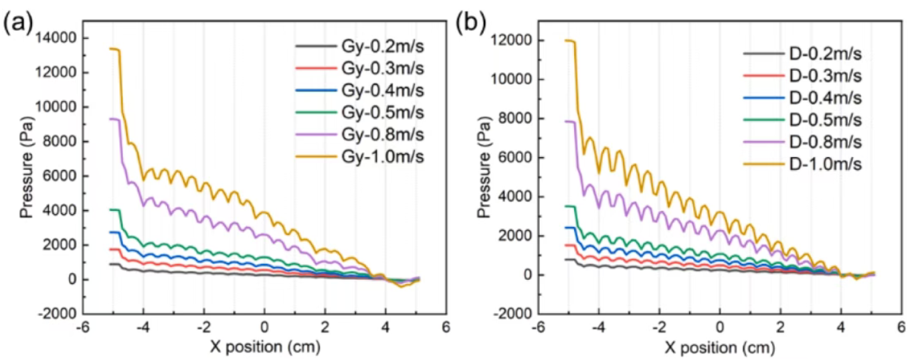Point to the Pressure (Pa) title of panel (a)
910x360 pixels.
click(27, 175)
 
